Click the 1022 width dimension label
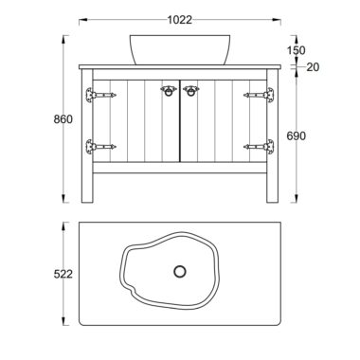point(179,20)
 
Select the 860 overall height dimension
point(63,119)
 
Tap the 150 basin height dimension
point(296,50)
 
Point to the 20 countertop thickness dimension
point(313,67)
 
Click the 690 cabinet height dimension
point(297,136)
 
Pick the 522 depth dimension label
point(63,274)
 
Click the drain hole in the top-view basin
point(180,271)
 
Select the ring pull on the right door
point(190,90)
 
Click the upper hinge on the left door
point(100,95)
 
